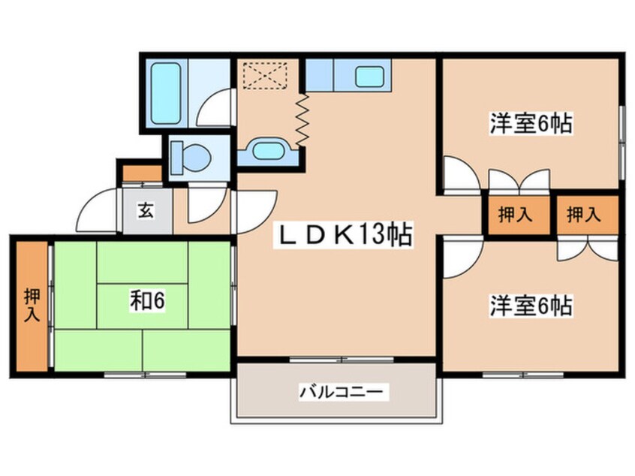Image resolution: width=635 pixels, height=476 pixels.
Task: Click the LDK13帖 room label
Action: pyautogui.click(x=345, y=237)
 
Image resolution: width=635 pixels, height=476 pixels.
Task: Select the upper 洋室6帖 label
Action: pyautogui.click(x=531, y=122)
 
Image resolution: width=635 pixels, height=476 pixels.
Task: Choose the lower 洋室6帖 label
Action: pyautogui.click(x=531, y=306)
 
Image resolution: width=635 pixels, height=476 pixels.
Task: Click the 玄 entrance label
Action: pyautogui.click(x=146, y=211)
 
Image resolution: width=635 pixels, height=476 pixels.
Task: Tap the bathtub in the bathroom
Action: pyautogui.click(x=164, y=93)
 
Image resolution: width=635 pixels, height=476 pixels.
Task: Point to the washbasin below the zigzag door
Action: pyautogui.click(x=267, y=150)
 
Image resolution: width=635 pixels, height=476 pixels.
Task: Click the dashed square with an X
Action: pyautogui.click(x=265, y=75)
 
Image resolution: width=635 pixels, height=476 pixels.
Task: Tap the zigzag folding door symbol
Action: pyautogui.click(x=302, y=119)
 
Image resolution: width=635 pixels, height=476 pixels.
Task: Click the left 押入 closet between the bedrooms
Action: pyautogui.click(x=515, y=215)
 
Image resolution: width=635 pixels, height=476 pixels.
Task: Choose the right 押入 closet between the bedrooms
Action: pyautogui.click(x=583, y=215)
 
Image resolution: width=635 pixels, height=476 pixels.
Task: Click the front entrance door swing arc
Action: pyautogui.click(x=98, y=212)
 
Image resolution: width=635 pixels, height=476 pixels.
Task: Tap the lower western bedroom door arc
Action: pyautogui.click(x=458, y=258)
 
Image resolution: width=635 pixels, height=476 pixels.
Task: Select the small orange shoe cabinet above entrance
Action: pyautogui.click(x=143, y=173)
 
